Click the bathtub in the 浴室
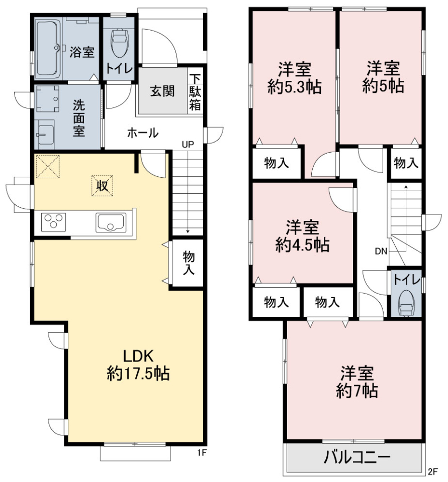click(x=48, y=49)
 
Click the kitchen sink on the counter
click(x=111, y=223)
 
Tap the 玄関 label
click(x=162, y=91)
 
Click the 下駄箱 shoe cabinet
click(x=195, y=92)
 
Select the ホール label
click(x=143, y=133)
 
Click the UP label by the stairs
click(x=188, y=145)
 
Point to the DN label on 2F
click(x=381, y=252)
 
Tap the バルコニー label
click(x=357, y=457)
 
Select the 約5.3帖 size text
click(x=295, y=87)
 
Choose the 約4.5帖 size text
click(x=302, y=245)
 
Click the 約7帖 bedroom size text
click(x=357, y=391)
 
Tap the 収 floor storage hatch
click(x=102, y=186)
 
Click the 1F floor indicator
click(x=202, y=453)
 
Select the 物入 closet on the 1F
click(x=188, y=263)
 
